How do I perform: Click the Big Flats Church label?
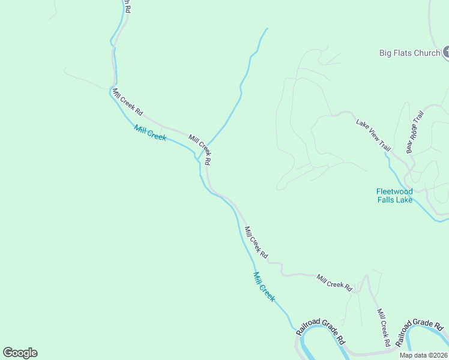[x=409, y=53]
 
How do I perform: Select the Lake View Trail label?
[x=373, y=136]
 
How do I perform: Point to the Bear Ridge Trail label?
[x=415, y=131]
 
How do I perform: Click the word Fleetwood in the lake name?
[x=394, y=191]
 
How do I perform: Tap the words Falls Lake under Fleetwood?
[x=394, y=200]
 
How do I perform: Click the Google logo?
[x=20, y=353]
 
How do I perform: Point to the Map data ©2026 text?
[x=423, y=355]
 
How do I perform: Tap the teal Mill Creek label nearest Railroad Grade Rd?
[x=264, y=287]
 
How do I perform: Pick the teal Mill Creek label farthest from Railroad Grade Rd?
[x=150, y=133]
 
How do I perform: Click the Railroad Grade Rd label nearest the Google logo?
[x=321, y=331]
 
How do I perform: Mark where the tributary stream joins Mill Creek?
[x=197, y=158]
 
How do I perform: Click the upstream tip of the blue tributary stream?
[x=267, y=28]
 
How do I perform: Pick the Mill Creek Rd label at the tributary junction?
[x=200, y=149]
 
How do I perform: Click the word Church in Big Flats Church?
[x=427, y=53]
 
